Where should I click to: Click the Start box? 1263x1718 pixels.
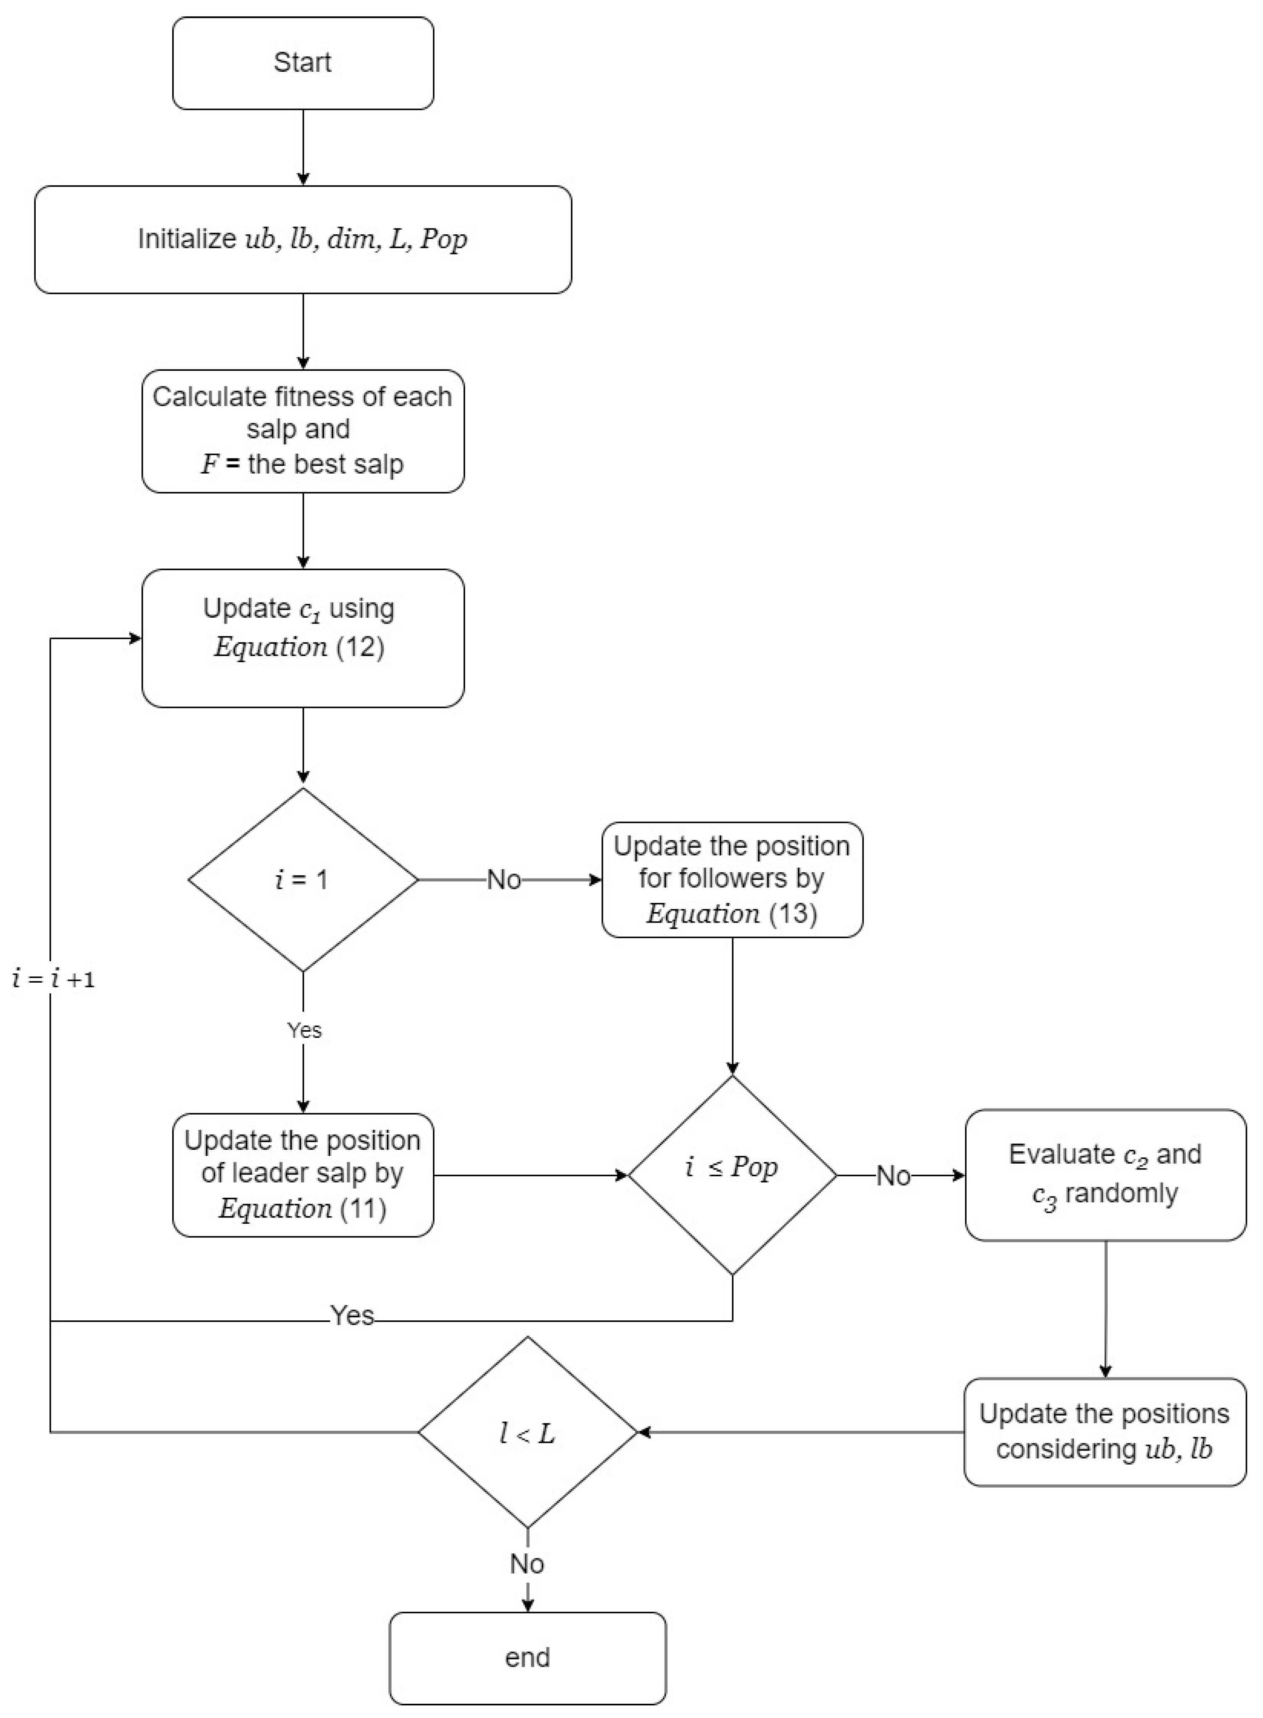pos(303,63)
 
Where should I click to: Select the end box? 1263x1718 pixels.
pos(527,1658)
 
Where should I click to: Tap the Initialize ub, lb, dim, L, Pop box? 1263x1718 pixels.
pos(303,239)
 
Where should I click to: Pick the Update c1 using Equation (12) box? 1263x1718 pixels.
pos(303,637)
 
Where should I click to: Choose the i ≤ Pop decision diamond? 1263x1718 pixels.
pos(732,1175)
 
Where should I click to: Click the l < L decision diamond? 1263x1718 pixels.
pos(527,1432)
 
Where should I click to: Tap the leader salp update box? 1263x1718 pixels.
pos(303,1175)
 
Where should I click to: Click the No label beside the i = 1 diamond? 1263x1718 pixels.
pos(504,880)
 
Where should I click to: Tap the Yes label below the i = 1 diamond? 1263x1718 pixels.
pos(304,1030)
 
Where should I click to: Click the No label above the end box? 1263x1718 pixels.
pos(527,1563)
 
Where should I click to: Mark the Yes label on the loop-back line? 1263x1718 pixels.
pos(352,1315)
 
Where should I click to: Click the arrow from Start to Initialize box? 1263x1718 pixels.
pos(303,147)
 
